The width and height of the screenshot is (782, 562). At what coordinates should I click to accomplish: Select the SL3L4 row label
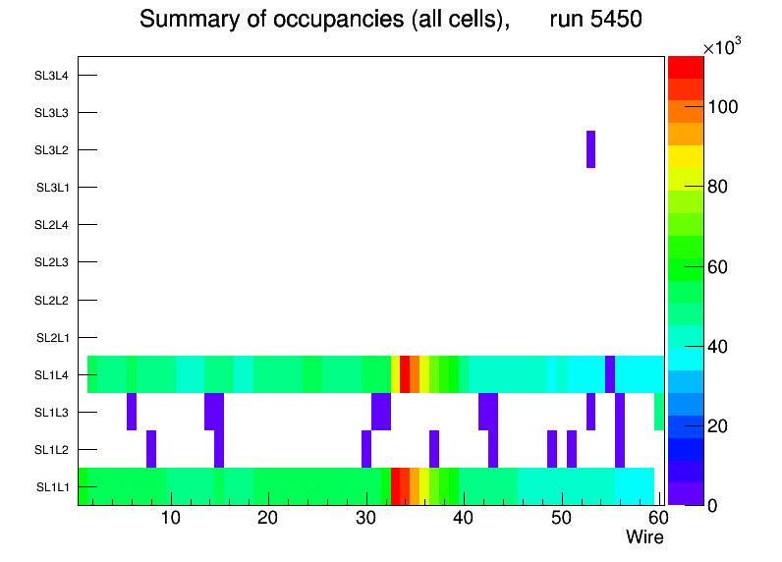[51, 76]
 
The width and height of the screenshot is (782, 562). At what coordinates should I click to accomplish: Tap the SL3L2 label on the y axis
[51, 150]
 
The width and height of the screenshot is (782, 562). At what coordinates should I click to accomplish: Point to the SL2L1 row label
[51, 338]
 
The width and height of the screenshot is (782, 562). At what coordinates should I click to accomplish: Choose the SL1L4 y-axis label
[51, 375]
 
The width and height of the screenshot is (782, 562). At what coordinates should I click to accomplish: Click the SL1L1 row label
[52, 487]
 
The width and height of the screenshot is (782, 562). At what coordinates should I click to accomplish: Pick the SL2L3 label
[51, 262]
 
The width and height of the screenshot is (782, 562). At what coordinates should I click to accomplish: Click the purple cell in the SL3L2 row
[590, 149]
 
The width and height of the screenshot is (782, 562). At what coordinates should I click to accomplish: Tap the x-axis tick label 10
[171, 518]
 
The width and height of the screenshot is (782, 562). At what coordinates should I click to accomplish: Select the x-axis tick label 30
[365, 518]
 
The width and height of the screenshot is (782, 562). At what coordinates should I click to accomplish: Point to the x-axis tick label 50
[560, 518]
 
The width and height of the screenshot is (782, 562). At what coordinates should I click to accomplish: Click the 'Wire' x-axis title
[644, 537]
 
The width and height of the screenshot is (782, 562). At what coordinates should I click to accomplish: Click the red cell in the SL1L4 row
[405, 374]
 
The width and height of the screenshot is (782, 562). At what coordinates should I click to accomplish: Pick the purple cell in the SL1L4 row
[610, 374]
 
